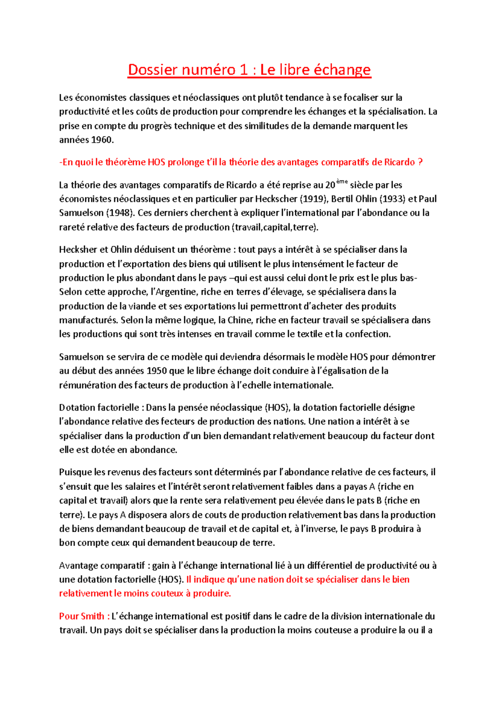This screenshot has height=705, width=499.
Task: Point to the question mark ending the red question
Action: (x=420, y=162)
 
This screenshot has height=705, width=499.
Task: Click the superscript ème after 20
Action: (x=341, y=182)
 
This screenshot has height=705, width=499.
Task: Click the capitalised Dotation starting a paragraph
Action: (x=77, y=407)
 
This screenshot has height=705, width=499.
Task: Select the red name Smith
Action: (x=92, y=616)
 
